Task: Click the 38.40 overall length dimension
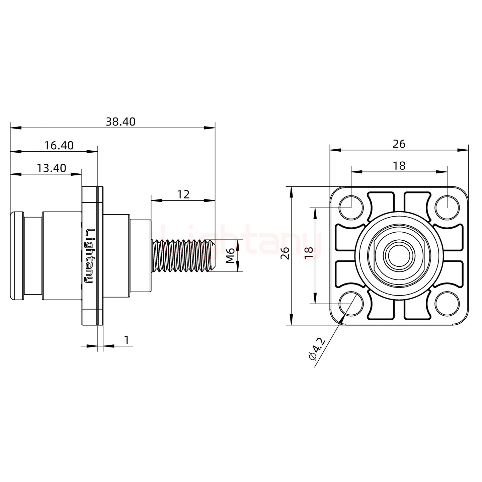(120, 122)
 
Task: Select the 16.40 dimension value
(59, 146)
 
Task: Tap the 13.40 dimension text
(51, 168)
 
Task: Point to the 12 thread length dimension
(183, 194)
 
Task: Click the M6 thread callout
(230, 256)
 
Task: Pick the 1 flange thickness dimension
(127, 340)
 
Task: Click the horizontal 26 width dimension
(399, 144)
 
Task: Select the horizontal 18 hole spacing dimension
(399, 166)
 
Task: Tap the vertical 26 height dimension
(285, 253)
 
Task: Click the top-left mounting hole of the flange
(351, 208)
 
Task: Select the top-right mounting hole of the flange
(447, 208)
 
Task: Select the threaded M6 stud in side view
(182, 256)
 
